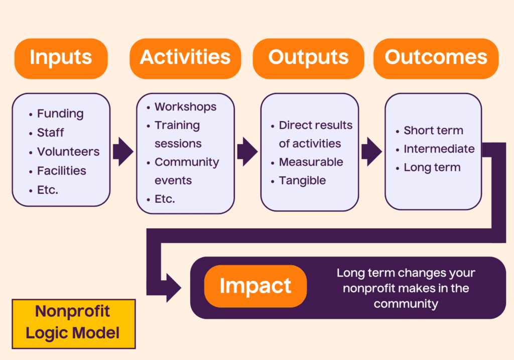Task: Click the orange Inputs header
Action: (x=61, y=58)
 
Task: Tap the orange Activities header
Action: (x=185, y=58)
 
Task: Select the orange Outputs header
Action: (x=308, y=58)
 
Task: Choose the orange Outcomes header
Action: (x=436, y=58)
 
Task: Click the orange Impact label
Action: (x=255, y=286)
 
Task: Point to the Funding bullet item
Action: (x=60, y=114)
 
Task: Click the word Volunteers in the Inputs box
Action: (x=68, y=152)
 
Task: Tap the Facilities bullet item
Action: (x=61, y=171)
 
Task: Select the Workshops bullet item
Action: (x=185, y=107)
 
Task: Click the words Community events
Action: (x=186, y=171)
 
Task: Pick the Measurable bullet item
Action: (x=311, y=162)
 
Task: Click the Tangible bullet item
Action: (x=302, y=181)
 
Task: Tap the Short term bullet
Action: (x=433, y=131)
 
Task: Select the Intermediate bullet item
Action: (x=439, y=149)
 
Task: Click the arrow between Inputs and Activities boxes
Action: (x=122, y=151)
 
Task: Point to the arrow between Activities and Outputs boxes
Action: (x=246, y=151)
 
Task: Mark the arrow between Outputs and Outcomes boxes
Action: (x=371, y=151)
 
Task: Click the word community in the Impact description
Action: (x=406, y=304)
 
